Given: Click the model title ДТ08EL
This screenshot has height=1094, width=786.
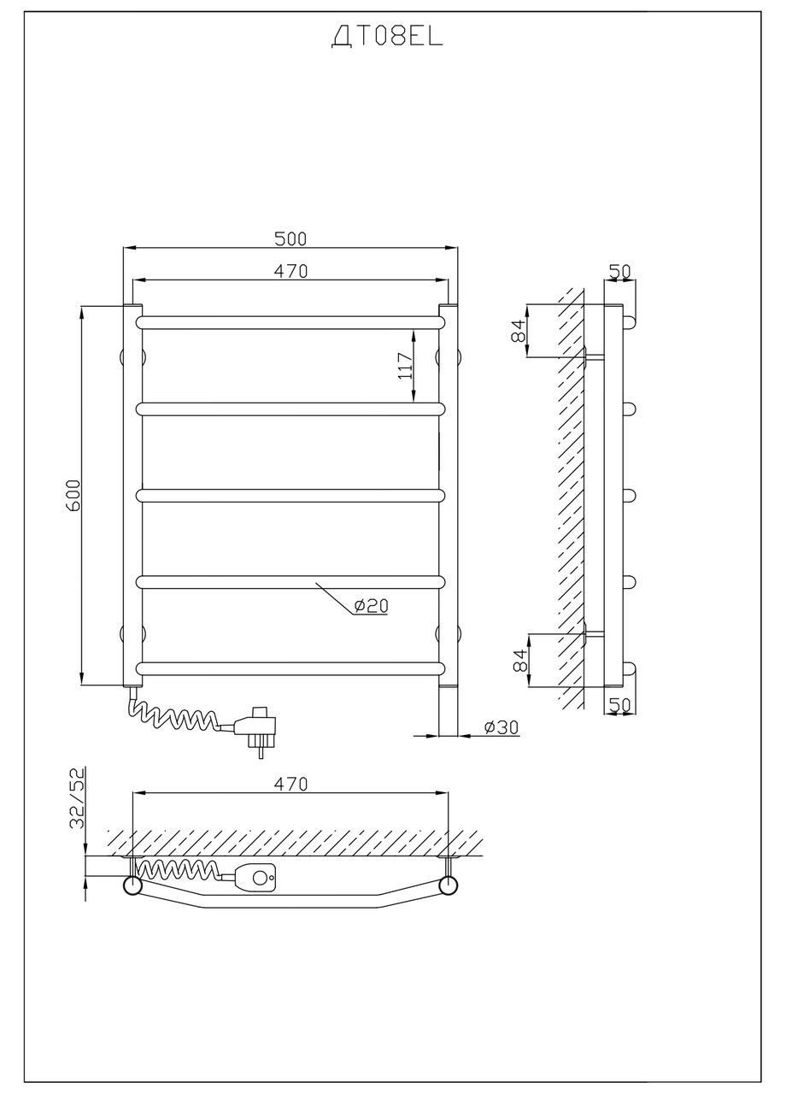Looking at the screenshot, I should [x=387, y=38].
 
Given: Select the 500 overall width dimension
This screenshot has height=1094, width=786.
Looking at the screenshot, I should [x=290, y=238].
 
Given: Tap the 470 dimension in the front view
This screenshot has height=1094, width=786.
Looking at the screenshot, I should [x=290, y=271].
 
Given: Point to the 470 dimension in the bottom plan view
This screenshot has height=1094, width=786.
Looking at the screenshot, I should [x=290, y=784].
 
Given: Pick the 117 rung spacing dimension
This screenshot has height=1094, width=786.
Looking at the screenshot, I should [x=406, y=366].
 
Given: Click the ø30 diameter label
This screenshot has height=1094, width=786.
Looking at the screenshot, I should [x=502, y=727].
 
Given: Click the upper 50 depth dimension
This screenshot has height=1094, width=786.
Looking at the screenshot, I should [x=619, y=272].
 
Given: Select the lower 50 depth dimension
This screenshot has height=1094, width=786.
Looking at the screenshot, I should [x=619, y=705].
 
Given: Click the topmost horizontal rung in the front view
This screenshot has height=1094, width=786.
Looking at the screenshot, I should [x=290, y=321].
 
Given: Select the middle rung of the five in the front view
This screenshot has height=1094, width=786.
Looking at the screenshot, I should [x=290, y=495].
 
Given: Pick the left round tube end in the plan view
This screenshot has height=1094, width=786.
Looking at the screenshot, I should [x=133, y=885].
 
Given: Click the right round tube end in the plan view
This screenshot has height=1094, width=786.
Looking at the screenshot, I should [x=447, y=885].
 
